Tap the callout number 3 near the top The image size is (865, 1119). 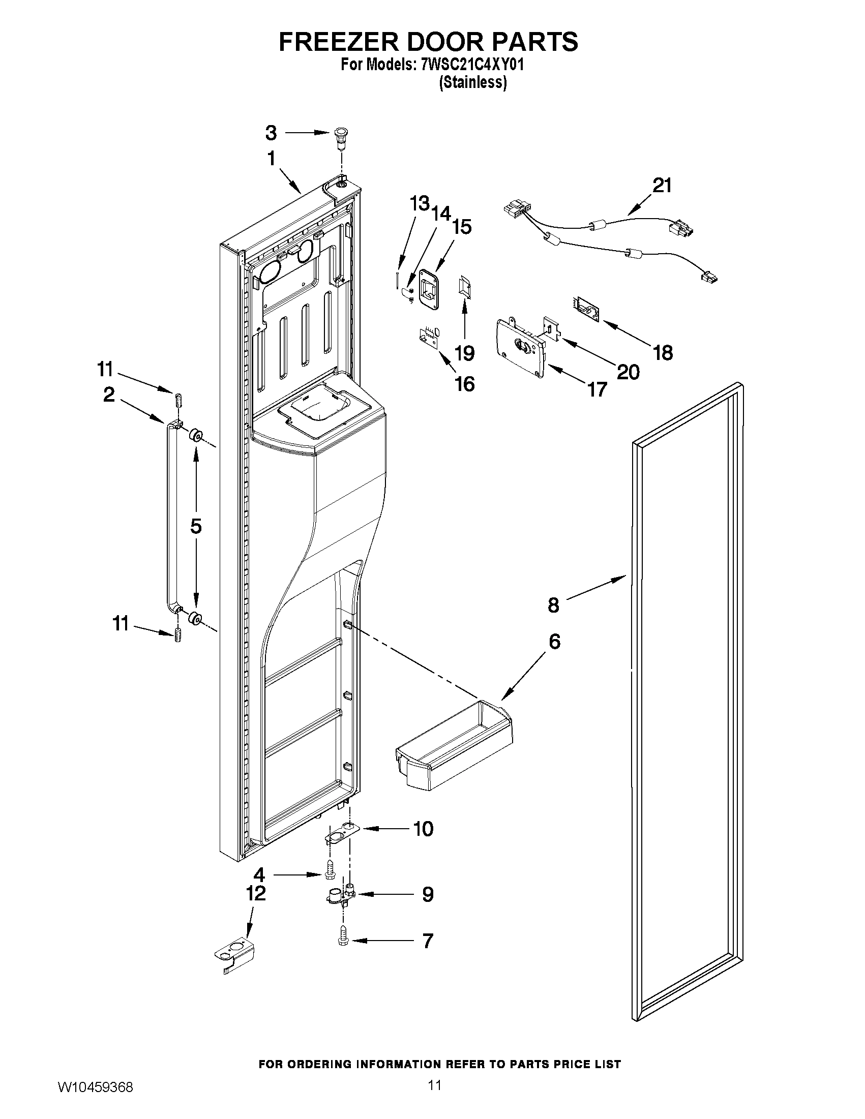pyautogui.click(x=271, y=133)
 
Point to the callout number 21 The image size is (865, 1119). pyautogui.click(x=662, y=185)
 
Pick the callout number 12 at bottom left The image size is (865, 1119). pyautogui.click(x=256, y=893)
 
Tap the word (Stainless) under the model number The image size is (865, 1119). pyautogui.click(x=472, y=82)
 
